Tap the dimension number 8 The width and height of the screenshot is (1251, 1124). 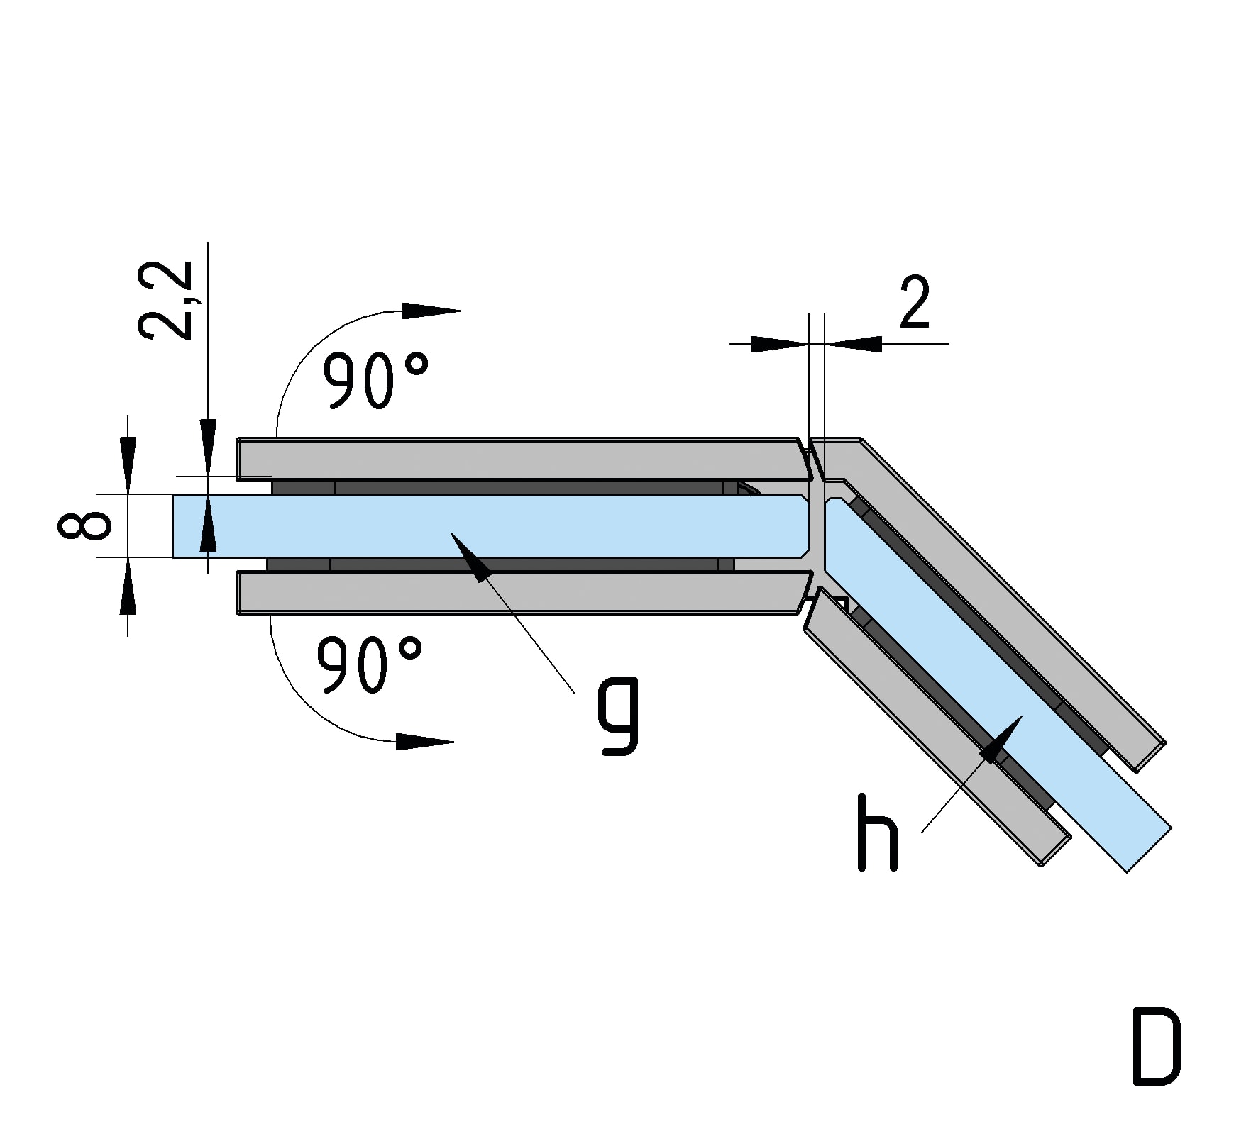click(x=84, y=525)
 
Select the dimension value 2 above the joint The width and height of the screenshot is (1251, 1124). click(x=914, y=303)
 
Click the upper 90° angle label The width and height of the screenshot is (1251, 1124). click(x=375, y=381)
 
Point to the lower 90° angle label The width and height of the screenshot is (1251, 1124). click(x=369, y=664)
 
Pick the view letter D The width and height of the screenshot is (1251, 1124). click(x=1157, y=1047)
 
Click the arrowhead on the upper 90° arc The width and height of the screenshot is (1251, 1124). click(x=430, y=311)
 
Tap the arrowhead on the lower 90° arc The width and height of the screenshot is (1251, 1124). click(x=424, y=742)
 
